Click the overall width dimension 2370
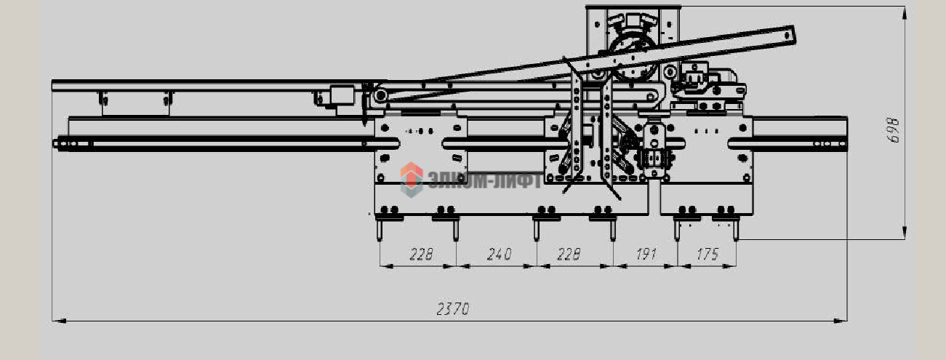(453, 309)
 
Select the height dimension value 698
(892, 130)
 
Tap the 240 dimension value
(500, 255)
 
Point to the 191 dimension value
(646, 254)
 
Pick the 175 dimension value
(708, 254)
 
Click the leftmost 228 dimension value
(421, 255)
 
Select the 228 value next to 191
(569, 255)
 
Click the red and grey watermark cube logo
(412, 180)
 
